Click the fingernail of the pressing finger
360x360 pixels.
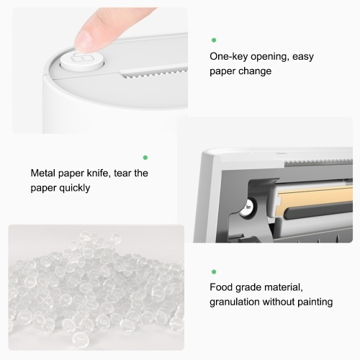pyautogui.click(x=84, y=41)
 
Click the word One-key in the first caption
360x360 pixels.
pyautogui.click(x=228, y=57)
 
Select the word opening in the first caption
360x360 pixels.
pyautogui.click(x=270, y=57)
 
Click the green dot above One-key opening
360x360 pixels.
pyautogui.click(x=214, y=40)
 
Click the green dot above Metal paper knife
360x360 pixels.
pyautogui.click(x=145, y=158)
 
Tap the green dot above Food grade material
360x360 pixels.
pyautogui.click(x=214, y=271)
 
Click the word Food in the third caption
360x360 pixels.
pyautogui.click(x=221, y=287)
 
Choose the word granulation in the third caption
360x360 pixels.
pyautogui.click(x=235, y=302)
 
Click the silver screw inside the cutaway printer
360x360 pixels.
pyautogui.click(x=248, y=207)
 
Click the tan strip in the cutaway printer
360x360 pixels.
pyautogui.click(x=315, y=199)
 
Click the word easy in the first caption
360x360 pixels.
pyautogui.click(x=303, y=57)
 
